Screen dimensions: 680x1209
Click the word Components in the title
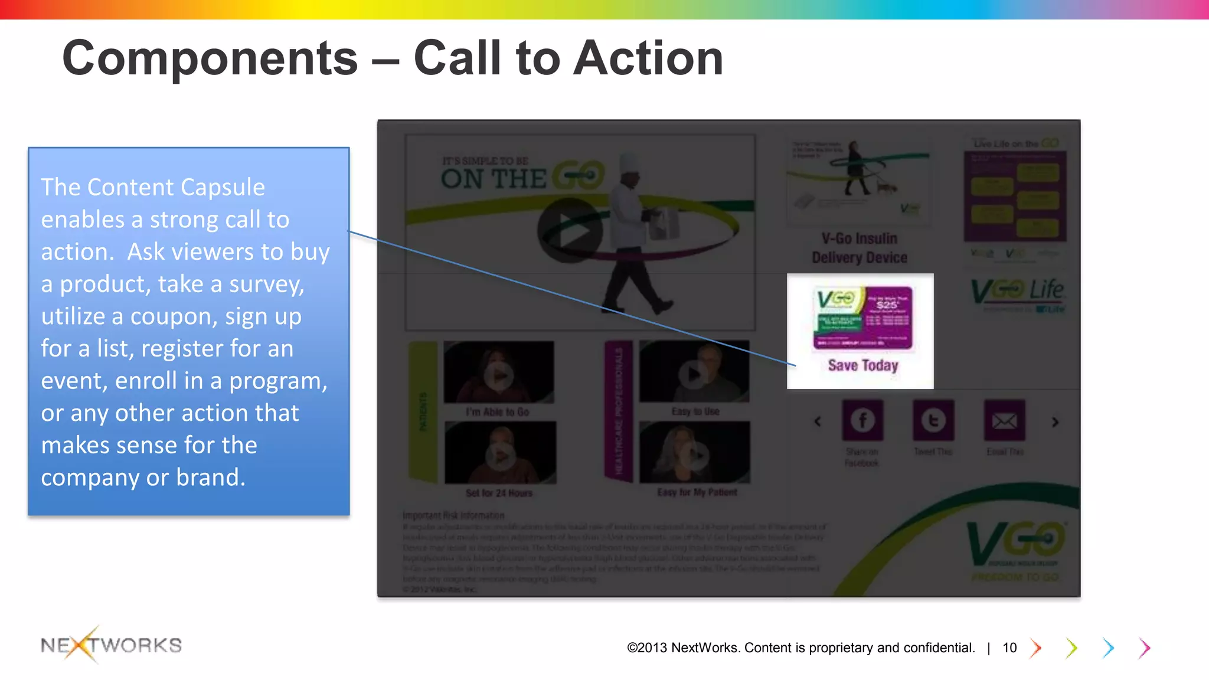(x=210, y=58)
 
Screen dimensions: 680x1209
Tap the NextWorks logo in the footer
(x=111, y=645)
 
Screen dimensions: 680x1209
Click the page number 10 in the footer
(x=1009, y=648)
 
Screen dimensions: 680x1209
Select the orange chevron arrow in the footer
(x=1035, y=648)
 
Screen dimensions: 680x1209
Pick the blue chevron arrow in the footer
(x=1108, y=648)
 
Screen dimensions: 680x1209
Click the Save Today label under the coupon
(x=862, y=365)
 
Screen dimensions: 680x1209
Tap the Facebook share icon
(x=862, y=420)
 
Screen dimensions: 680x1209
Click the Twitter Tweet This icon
(x=933, y=420)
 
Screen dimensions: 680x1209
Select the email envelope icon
(x=1004, y=420)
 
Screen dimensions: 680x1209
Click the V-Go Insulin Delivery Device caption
(x=859, y=248)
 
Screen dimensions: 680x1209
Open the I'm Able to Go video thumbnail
(x=499, y=373)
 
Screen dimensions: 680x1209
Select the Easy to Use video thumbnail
(x=694, y=372)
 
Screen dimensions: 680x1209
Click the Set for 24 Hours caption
(x=499, y=493)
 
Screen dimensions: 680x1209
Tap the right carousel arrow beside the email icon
(x=1055, y=422)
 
